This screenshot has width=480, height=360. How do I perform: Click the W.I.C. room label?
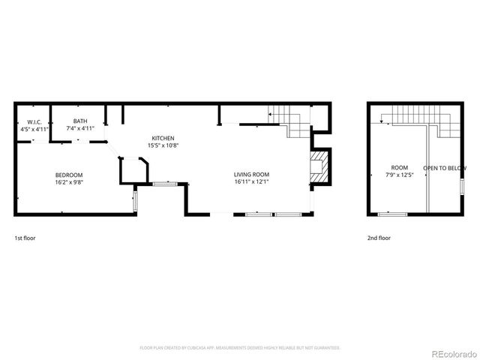34,121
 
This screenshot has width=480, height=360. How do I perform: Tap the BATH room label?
79,121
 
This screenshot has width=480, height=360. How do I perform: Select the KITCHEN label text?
163,138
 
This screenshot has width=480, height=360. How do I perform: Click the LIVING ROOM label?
251,174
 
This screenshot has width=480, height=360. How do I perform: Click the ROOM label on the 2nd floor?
399,167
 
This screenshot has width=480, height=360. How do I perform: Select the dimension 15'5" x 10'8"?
163,145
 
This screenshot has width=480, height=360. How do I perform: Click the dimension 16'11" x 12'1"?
251,181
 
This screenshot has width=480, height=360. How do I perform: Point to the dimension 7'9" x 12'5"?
399,175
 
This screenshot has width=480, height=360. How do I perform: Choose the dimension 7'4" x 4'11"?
79,128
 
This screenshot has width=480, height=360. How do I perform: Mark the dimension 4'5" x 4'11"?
34,129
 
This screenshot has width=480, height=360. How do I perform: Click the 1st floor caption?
25,238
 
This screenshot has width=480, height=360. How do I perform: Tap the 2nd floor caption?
379,238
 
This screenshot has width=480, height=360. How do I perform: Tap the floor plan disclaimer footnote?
240,348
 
